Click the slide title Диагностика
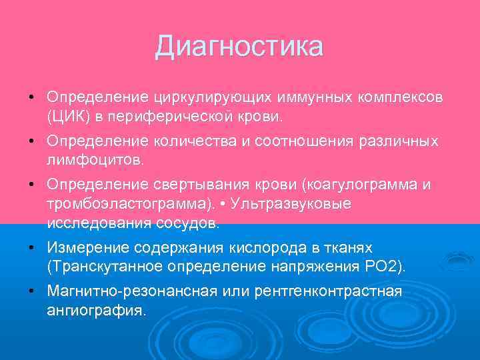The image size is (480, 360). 239,47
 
